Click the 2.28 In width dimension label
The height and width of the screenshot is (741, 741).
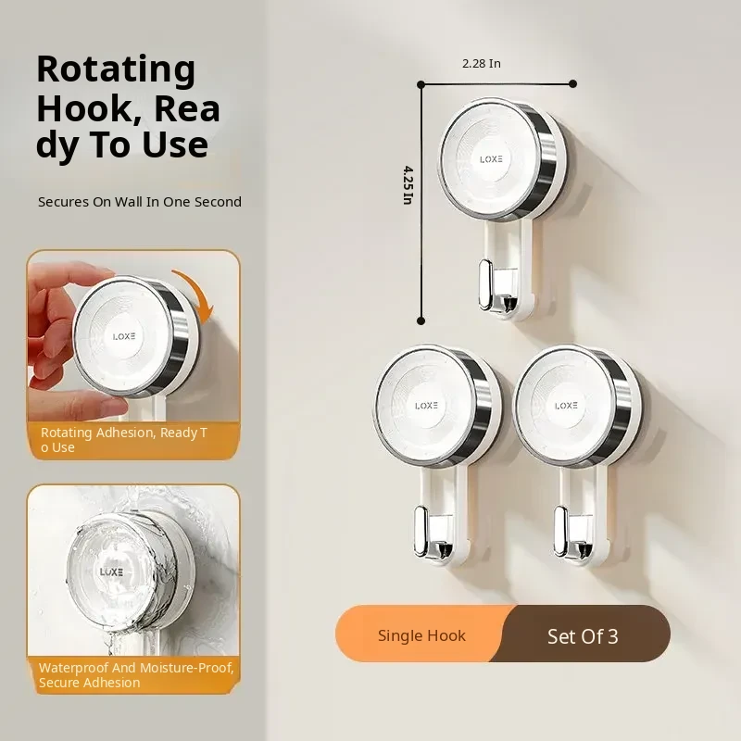(x=481, y=63)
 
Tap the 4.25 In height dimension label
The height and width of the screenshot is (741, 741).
(x=408, y=184)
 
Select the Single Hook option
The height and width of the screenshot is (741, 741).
(x=421, y=635)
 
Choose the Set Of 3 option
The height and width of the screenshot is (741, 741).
(x=583, y=636)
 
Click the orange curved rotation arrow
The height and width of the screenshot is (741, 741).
(x=197, y=294)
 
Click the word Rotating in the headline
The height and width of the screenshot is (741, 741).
(x=116, y=70)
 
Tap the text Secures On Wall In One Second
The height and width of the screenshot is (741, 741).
(x=140, y=202)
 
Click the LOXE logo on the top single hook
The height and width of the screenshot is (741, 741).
(x=491, y=159)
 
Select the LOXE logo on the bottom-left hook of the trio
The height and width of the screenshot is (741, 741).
(x=426, y=406)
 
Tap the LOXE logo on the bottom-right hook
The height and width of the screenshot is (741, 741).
(x=566, y=406)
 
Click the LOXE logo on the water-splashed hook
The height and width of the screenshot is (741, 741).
(x=111, y=571)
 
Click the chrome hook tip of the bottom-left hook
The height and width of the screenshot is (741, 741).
(x=421, y=531)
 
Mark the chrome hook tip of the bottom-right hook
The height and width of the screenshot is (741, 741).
(x=561, y=531)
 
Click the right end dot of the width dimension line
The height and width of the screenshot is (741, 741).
(x=572, y=84)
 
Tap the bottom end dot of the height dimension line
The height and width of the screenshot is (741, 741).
(x=421, y=320)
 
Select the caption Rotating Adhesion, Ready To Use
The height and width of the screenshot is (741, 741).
(x=124, y=440)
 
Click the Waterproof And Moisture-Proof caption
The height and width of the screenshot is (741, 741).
(x=136, y=675)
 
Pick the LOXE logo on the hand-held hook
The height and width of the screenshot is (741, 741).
(x=124, y=336)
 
